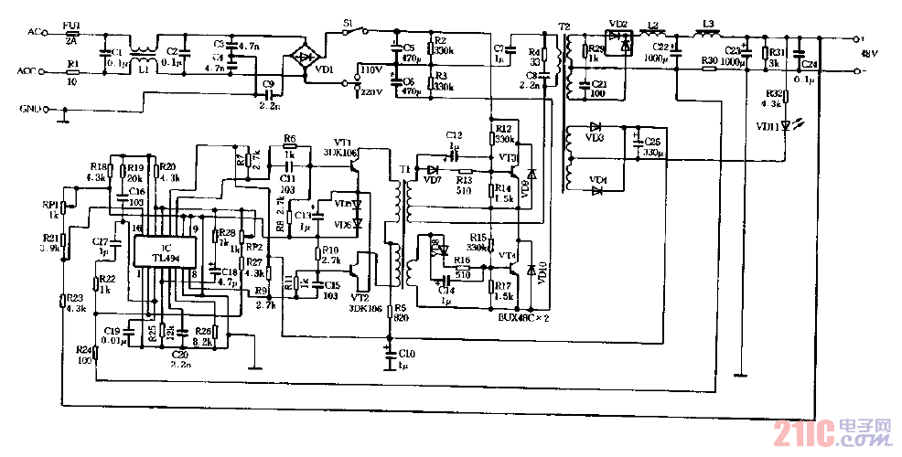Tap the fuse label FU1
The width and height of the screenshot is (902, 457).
coord(70,29)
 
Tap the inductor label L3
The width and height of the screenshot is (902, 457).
coord(706,23)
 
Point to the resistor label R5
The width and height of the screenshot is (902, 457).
coord(401,307)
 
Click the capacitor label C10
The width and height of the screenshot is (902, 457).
coord(407,352)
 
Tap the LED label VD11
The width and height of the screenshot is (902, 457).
coord(768,127)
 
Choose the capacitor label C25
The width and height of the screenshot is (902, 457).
coord(652,142)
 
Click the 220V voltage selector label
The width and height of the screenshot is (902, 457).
coord(371,92)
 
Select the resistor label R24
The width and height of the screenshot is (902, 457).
coord(84,350)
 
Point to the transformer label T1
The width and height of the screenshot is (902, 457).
coord(403,170)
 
